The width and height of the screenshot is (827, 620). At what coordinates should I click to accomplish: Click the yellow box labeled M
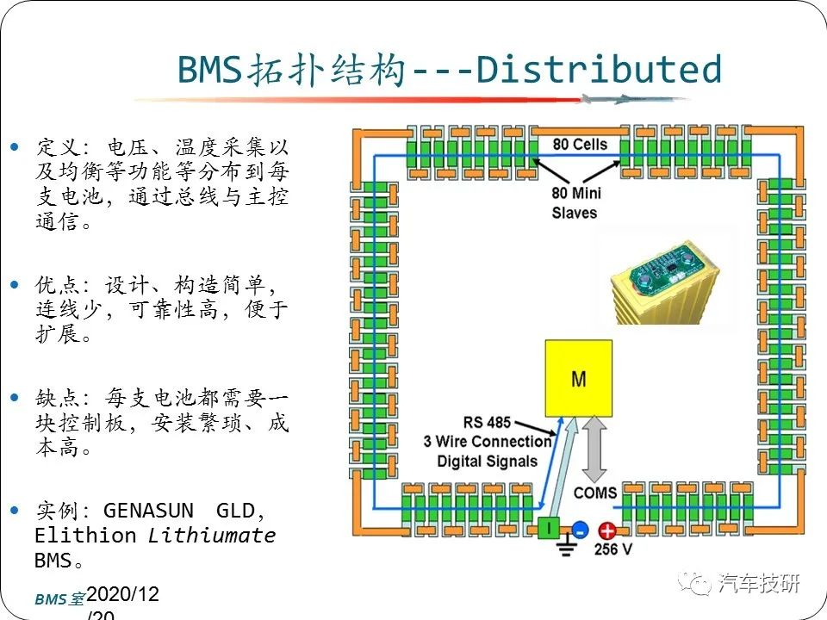tap(579, 379)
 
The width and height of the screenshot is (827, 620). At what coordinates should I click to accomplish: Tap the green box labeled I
tap(549, 528)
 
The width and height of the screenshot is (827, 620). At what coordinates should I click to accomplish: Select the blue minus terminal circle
tap(580, 529)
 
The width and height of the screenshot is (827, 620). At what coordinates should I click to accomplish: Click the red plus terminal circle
tap(606, 530)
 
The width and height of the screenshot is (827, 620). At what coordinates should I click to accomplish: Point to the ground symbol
tap(566, 546)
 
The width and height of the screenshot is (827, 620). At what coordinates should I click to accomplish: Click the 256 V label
tap(612, 549)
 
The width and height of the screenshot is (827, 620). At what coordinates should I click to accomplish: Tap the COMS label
tap(595, 493)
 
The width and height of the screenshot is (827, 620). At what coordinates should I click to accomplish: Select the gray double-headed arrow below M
tap(594, 448)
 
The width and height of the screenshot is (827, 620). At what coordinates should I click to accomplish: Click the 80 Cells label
tap(580, 144)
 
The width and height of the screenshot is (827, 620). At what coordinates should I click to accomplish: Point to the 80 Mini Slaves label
tap(576, 202)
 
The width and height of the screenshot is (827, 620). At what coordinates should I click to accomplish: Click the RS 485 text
tap(487, 422)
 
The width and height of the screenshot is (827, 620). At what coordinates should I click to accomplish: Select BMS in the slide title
tap(209, 69)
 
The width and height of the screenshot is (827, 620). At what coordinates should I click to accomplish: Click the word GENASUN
tap(148, 511)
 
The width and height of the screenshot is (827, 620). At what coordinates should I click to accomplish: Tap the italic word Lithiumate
tap(212, 535)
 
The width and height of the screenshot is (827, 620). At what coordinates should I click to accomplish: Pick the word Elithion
tap(85, 535)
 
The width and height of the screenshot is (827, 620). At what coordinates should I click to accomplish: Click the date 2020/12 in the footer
tap(122, 594)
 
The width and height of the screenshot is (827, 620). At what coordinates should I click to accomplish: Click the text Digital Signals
tap(487, 462)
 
